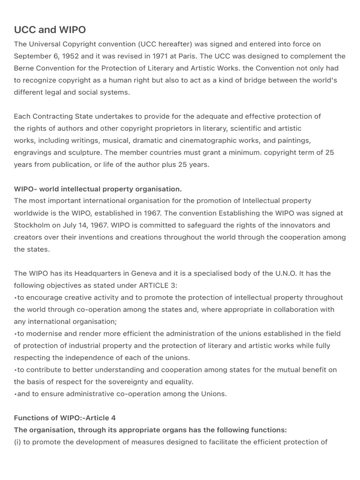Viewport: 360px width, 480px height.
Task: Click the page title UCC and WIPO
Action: pos(50,30)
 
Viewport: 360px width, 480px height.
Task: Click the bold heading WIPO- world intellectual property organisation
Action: pos(97,189)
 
